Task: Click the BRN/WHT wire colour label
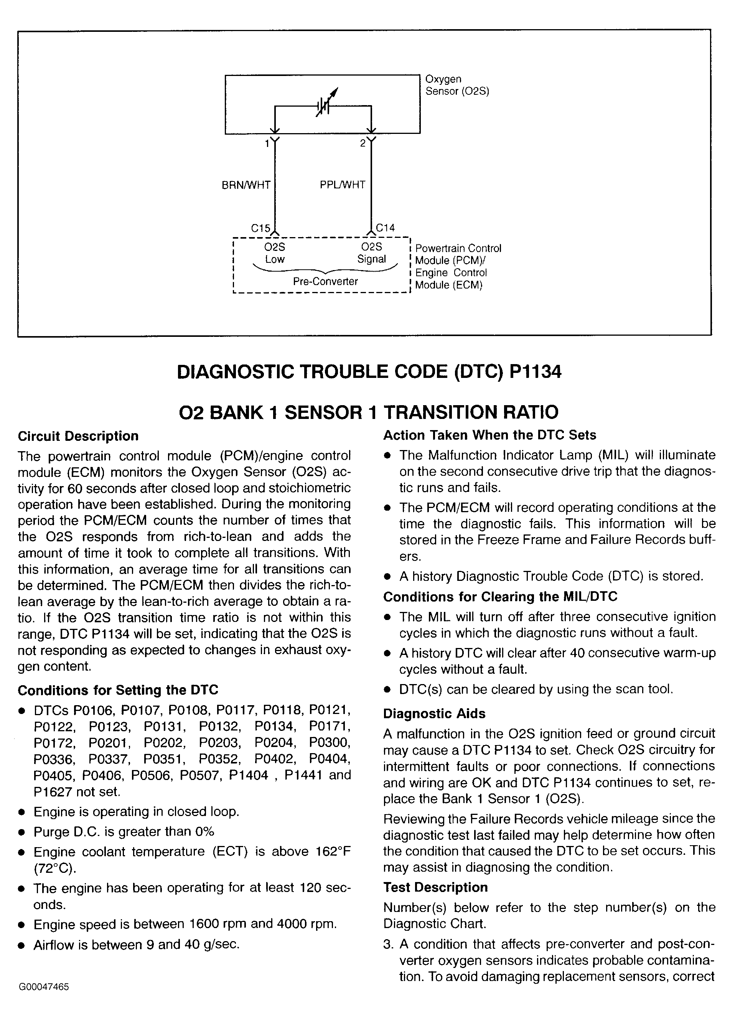tap(246, 185)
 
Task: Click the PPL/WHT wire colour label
tap(342, 185)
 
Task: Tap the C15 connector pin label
tap(260, 228)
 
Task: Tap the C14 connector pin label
tap(386, 228)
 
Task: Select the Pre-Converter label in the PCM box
tap(325, 281)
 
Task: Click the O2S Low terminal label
tap(275, 253)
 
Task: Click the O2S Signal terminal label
tap(371, 253)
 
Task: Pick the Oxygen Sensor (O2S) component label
tap(457, 85)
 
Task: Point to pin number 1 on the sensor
tap(267, 143)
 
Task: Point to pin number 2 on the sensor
tap(363, 143)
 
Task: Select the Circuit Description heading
tap(78, 436)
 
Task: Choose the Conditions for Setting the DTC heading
tap(118, 690)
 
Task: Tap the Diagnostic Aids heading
tap(434, 714)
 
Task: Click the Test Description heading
tap(435, 887)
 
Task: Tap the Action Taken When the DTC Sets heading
tap(489, 435)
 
